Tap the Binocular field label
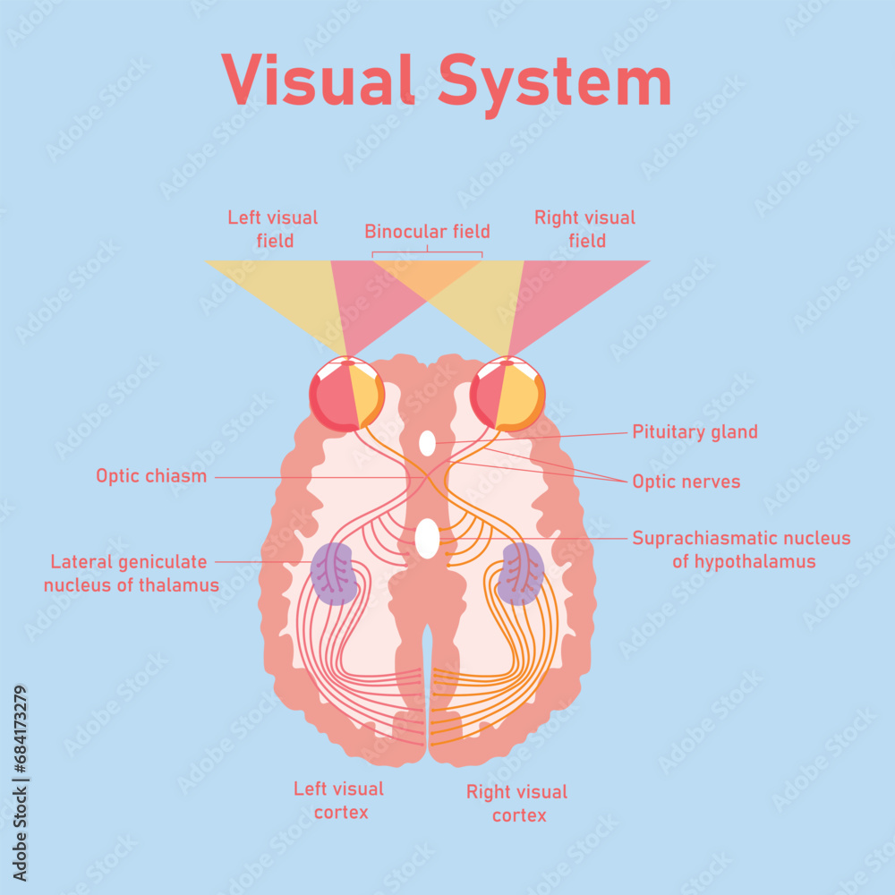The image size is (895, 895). (427, 232)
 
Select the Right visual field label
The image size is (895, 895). (585, 229)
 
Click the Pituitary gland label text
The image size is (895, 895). (695, 432)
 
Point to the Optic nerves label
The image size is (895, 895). (686, 482)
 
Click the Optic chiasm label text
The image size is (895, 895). (151, 476)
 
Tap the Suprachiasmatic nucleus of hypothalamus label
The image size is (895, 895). (741, 550)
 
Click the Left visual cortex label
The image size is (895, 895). (339, 800)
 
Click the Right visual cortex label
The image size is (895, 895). (517, 803)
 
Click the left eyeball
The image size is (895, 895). (346, 394)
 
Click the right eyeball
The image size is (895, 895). (507, 394)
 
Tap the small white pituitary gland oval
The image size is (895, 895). (428, 442)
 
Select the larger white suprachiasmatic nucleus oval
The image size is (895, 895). (428, 539)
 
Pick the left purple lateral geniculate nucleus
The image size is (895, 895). (334, 574)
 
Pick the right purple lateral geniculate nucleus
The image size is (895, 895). (521, 574)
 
